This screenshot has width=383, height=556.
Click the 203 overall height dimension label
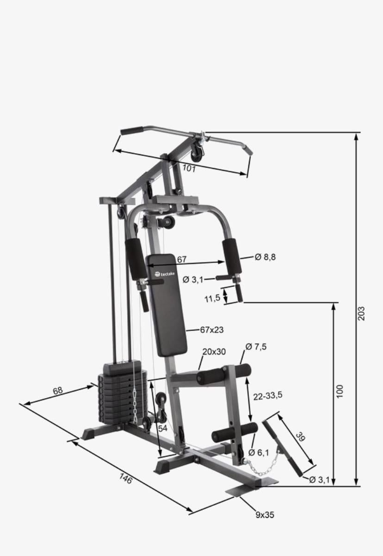coord(361,314)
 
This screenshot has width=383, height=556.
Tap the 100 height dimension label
coord(339,392)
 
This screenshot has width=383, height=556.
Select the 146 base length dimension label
coord(126,478)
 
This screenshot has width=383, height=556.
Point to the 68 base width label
coord(58,391)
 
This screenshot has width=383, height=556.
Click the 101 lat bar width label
coord(189,169)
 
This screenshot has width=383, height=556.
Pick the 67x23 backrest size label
coord(212,330)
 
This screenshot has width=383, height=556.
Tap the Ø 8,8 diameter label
coord(265,257)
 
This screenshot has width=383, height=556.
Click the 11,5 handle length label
coord(212,299)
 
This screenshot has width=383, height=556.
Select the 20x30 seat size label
coord(214,352)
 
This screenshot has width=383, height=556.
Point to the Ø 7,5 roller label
coord(256,346)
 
